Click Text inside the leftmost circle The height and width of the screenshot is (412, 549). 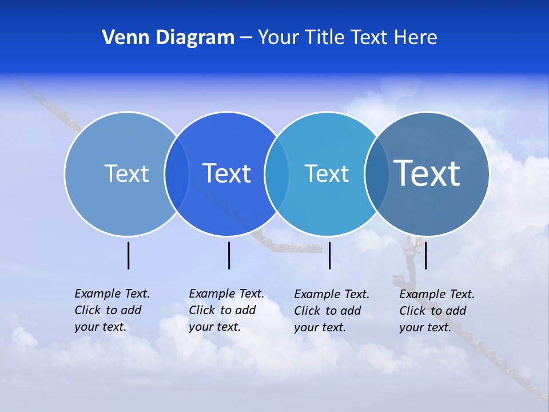(126, 173)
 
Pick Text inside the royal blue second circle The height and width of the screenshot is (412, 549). (227, 173)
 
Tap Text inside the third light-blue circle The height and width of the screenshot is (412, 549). (327, 173)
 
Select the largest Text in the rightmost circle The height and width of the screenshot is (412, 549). (427, 173)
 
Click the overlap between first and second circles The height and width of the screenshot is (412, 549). (177, 174)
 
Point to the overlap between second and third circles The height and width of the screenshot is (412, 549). (277, 174)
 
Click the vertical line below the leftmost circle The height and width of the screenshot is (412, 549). (128, 255)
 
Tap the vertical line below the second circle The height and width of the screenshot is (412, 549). (229, 255)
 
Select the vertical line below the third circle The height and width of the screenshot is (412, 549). (330, 255)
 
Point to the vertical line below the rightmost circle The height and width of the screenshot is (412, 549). (425, 255)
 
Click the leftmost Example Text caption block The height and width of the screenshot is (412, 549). (112, 310)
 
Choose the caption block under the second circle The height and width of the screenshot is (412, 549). (226, 310)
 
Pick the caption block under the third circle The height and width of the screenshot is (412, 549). (332, 311)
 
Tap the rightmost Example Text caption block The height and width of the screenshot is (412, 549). (437, 311)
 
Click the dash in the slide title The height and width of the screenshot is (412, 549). (246, 38)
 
